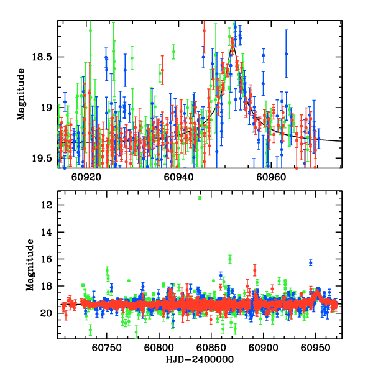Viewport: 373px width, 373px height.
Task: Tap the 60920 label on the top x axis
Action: (86, 176)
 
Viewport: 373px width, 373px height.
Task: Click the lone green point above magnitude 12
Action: (200, 198)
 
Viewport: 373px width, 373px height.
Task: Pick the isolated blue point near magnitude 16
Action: (310, 262)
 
